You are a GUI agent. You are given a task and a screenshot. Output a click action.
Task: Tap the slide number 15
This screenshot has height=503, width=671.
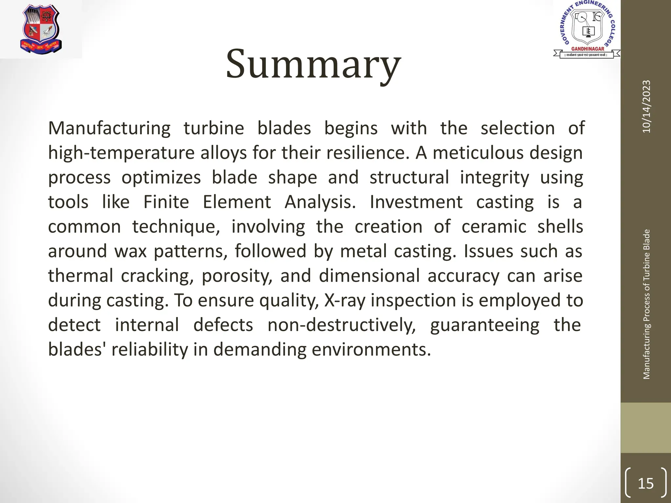tap(646, 483)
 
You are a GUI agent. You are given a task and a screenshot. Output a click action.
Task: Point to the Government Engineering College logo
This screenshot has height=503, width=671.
tap(587, 29)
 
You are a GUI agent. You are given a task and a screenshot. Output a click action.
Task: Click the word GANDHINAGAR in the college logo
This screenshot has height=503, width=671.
tap(587, 49)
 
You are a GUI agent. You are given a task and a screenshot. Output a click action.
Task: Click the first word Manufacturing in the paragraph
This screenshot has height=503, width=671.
tap(109, 128)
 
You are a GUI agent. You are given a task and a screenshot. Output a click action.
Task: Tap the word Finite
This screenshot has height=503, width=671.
tap(166, 202)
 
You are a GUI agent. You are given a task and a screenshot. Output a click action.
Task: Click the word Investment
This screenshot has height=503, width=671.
tap(416, 202)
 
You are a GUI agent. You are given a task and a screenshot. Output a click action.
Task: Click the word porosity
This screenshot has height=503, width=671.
tap(237, 276)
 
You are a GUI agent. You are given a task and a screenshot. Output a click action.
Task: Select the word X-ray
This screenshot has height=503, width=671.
tap(344, 301)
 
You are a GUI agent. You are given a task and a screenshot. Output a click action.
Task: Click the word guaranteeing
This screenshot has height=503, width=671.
tap(485, 325)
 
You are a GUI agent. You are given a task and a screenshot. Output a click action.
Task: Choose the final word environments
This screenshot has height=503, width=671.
tap(371, 350)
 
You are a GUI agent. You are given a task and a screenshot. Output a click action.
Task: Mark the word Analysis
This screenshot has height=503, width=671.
tap(320, 202)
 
